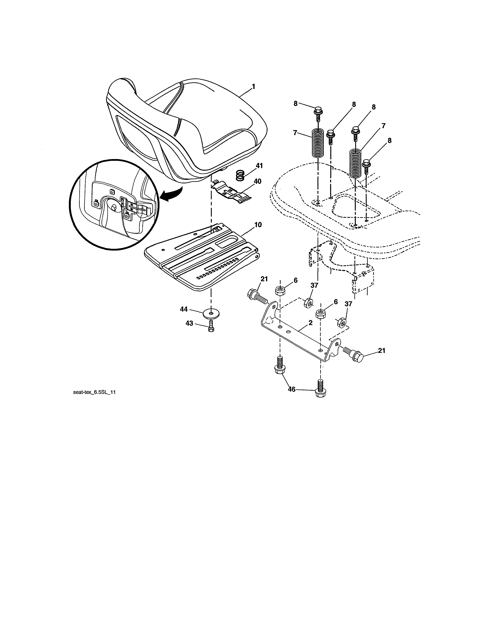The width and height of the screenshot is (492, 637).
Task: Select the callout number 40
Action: point(257,181)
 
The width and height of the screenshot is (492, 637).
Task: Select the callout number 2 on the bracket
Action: point(310,323)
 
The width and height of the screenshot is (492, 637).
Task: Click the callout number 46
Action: point(292,389)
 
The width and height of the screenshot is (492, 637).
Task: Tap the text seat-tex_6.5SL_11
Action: point(94,392)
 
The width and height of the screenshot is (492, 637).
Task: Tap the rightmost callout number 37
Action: point(348,304)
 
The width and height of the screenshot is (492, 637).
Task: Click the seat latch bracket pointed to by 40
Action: point(232,192)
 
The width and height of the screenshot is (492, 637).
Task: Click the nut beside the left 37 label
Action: point(308,303)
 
